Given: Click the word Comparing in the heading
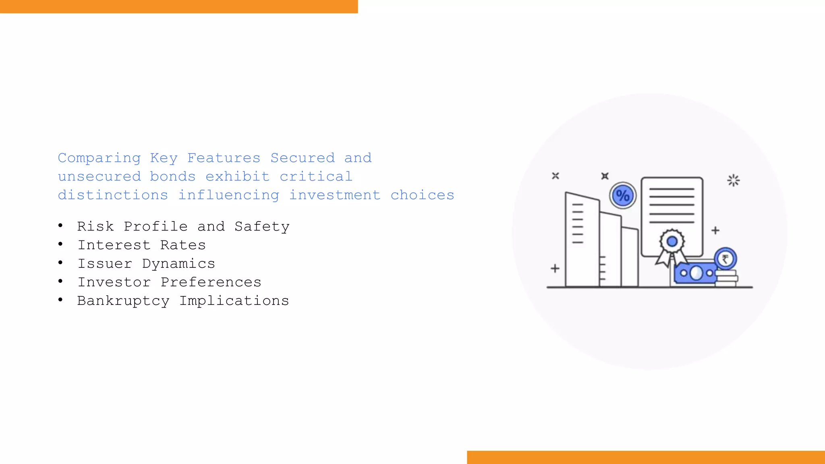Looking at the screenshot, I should tap(99, 158).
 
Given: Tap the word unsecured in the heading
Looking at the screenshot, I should tap(99, 176).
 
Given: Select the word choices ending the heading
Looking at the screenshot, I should tap(422, 195).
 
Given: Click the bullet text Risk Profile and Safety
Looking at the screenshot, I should tap(183, 226).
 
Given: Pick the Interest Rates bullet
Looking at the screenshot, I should tap(141, 245).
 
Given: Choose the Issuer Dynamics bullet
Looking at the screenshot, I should tap(146, 263).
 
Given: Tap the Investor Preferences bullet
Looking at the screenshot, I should tap(169, 282).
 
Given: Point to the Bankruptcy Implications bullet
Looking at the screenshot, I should tap(183, 300).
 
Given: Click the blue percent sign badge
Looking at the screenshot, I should tap(623, 196).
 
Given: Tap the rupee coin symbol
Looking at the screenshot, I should tap(725, 259).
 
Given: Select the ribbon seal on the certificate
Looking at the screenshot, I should tap(672, 243).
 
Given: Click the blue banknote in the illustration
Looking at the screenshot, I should tap(695, 273).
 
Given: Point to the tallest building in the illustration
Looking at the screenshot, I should tap(582, 240).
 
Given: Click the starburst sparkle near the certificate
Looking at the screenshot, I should tap(733, 180).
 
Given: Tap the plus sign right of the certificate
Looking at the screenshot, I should tap(715, 230).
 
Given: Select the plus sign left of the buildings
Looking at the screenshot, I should tap(555, 268).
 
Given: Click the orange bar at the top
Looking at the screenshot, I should tap(179, 6).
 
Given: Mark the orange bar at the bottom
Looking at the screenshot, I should tap(646, 457).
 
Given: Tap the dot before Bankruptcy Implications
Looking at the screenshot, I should tap(60, 300).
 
